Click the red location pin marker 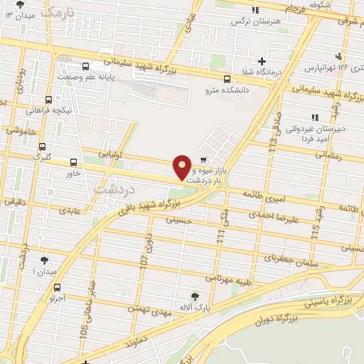[183, 167]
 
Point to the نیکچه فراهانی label [46, 110]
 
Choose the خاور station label [73, 173]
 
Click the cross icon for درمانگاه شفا [262, 62]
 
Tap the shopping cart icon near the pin [204, 159]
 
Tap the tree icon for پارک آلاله [196, 295]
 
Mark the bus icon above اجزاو [57, 288]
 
